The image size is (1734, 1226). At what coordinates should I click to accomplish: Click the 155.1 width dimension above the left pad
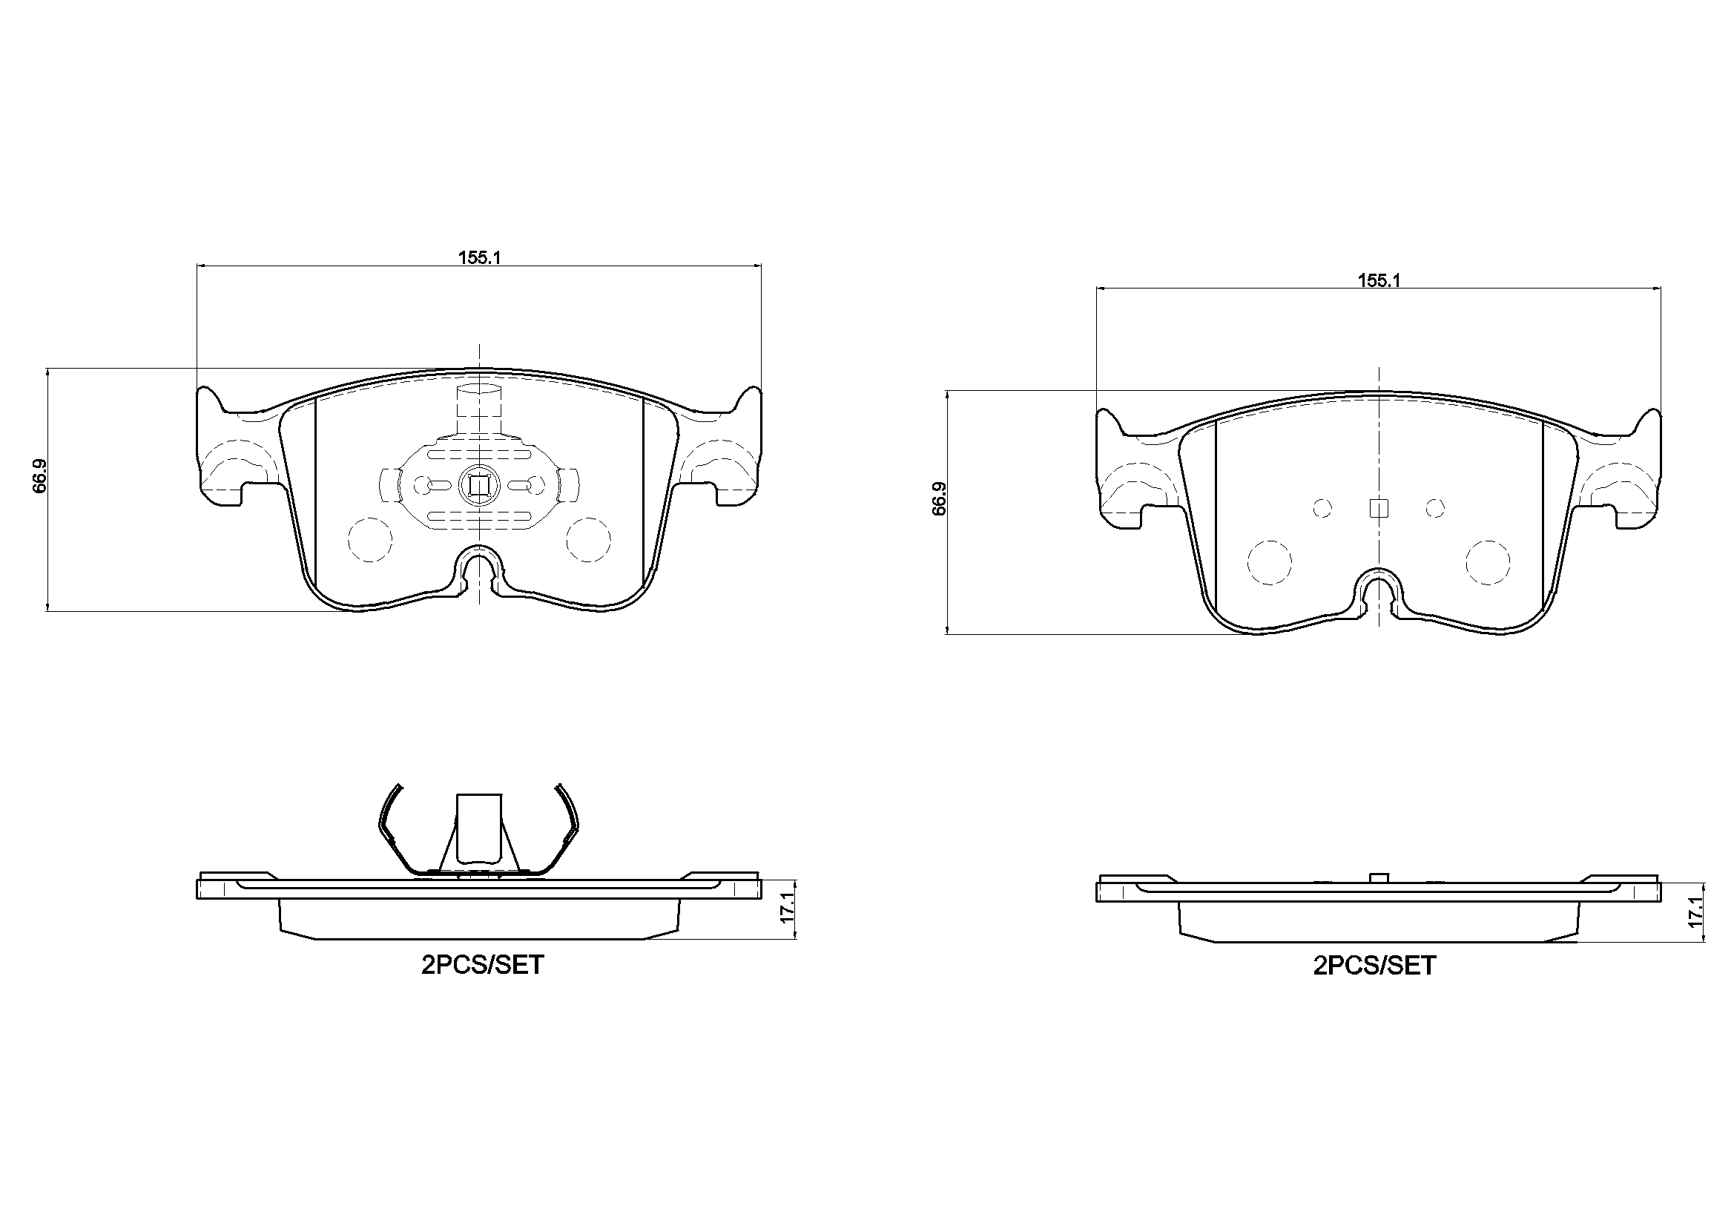[x=480, y=257]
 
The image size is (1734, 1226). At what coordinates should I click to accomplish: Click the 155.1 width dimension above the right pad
[x=1379, y=280]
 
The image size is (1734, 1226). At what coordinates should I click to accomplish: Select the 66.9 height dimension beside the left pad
[x=40, y=476]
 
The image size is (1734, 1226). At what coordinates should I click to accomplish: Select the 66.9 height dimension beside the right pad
[x=939, y=498]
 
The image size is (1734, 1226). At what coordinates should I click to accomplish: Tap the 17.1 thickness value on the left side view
[x=788, y=907]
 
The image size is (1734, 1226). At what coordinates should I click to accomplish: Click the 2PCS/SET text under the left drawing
[x=483, y=966]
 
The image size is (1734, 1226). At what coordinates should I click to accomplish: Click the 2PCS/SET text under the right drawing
[x=1374, y=966]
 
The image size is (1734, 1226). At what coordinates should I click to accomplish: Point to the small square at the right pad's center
[x=1379, y=508]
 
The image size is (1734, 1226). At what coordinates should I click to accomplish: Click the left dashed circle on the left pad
[x=370, y=539]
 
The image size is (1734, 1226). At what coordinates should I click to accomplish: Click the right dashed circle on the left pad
[x=588, y=539]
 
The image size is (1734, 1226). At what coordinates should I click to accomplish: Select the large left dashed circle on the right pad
[x=1270, y=562]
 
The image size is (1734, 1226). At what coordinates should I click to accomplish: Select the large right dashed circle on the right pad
[x=1488, y=562]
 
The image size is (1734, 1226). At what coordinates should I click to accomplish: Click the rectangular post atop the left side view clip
[x=480, y=826]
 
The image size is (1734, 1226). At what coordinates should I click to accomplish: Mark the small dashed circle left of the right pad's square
[x=1322, y=508]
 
